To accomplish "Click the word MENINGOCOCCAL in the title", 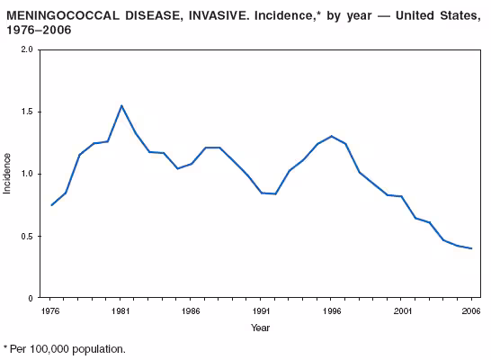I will tap(63, 15).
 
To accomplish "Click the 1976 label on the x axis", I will tap(51, 310).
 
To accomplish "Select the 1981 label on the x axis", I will tap(121, 310).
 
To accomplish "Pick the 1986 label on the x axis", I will tap(191, 310).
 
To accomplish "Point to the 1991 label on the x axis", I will tap(261, 310).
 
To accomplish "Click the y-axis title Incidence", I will tap(8, 174).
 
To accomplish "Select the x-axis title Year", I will tap(261, 328).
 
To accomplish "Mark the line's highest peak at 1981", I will tap(121, 105).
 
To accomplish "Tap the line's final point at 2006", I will tap(471, 248).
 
